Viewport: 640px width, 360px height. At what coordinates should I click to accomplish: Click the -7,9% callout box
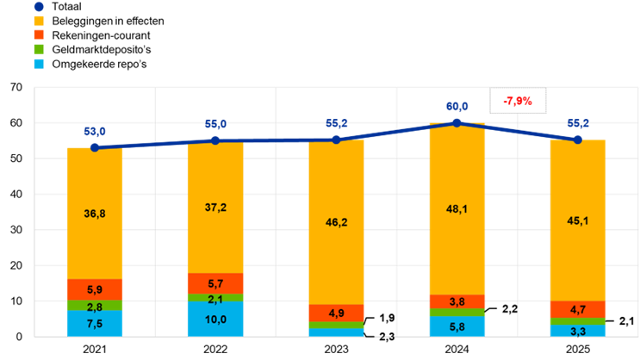point(518,101)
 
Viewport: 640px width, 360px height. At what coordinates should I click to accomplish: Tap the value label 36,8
point(95,214)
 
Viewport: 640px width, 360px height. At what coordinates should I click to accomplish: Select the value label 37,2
point(215,208)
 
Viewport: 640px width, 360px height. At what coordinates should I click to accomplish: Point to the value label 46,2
point(336,222)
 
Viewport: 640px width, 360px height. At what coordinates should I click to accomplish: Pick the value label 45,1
point(577,220)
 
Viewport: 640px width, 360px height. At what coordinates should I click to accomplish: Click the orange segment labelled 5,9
point(95,289)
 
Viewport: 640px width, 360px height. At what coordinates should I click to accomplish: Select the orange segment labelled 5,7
point(215,283)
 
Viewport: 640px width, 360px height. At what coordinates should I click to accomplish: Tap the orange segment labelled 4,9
point(336,313)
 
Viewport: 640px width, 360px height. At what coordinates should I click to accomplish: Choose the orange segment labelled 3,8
point(457,301)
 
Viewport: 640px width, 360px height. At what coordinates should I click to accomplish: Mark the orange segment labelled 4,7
point(577,309)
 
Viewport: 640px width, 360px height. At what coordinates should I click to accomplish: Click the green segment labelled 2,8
point(95,306)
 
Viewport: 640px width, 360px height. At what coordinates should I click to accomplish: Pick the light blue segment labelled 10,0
point(215,320)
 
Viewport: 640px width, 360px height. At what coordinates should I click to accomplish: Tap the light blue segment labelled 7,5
point(95,324)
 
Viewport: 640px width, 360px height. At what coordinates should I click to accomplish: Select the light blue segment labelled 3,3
point(577,331)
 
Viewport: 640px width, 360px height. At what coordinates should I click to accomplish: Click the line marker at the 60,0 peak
point(457,122)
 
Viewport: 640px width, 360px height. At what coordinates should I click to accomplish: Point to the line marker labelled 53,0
point(95,147)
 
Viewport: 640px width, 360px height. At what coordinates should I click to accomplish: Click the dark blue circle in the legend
point(39,6)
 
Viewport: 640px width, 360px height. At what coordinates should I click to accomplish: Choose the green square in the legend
point(39,49)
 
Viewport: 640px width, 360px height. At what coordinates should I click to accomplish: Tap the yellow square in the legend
point(39,20)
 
